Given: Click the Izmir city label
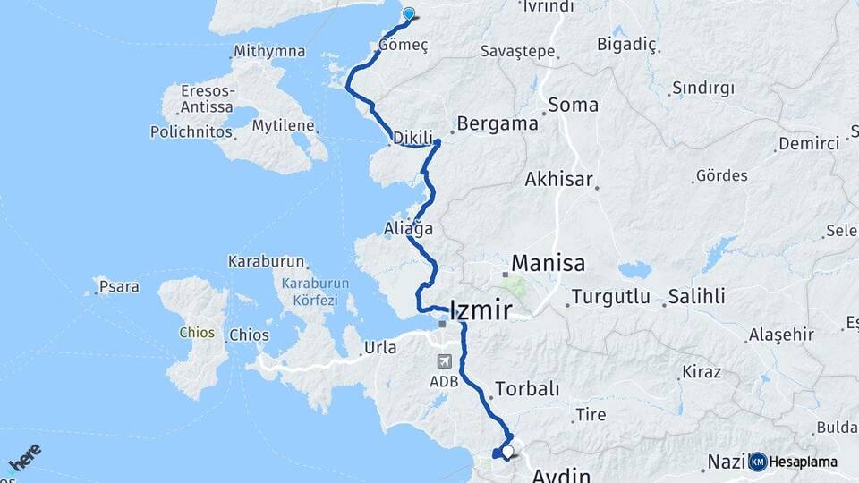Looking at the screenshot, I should pos(481,311).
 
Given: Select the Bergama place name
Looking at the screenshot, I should pos(497,123).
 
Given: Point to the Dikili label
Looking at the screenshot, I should pos(412,139).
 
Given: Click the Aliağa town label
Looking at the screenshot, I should pos(409,229).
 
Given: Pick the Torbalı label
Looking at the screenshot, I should pos(527,389).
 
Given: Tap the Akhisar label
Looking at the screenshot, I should pos(558,180).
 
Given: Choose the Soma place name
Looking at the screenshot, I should pos(573,105).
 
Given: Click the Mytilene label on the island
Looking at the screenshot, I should pos(282,125).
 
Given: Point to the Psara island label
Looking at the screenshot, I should pos(120,287).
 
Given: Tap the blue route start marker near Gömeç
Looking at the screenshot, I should pos(410,13).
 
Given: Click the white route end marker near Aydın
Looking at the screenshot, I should pos(508,453).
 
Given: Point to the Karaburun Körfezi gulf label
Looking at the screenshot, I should pos(315,291).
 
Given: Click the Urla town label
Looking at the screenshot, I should pos(381,348).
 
